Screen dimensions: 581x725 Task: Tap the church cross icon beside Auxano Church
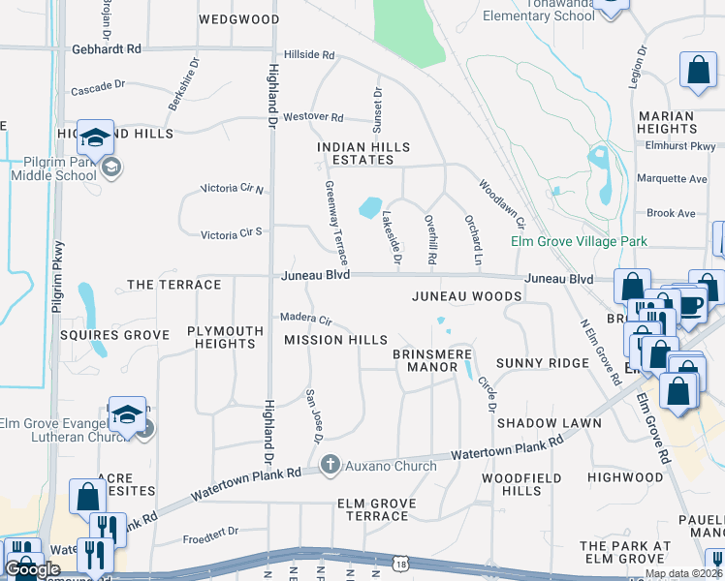pyautogui.click(x=331, y=466)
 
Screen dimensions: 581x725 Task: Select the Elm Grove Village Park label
pyautogui.click(x=580, y=241)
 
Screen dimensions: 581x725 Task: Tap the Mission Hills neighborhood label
pyautogui.click(x=335, y=340)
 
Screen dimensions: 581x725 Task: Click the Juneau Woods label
pyautogui.click(x=459, y=296)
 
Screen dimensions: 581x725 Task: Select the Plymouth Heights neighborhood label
pyautogui.click(x=226, y=337)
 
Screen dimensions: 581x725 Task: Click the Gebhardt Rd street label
pyautogui.click(x=107, y=48)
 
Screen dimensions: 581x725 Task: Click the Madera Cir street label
pyautogui.click(x=306, y=318)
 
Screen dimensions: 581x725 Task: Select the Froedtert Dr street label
pyautogui.click(x=210, y=532)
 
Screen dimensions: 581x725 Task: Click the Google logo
pyautogui.click(x=33, y=568)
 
